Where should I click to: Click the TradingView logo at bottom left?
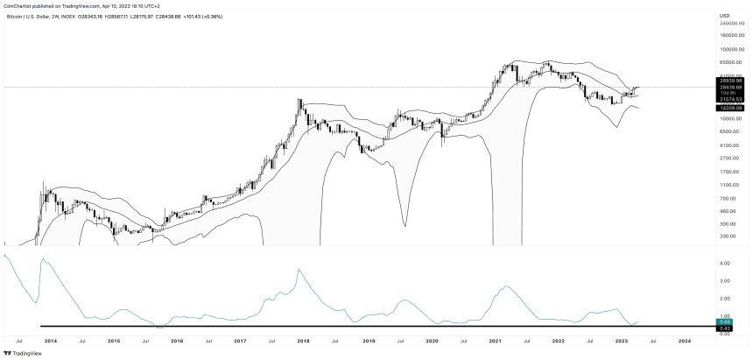tap(24, 353)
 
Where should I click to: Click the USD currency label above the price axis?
tap(724, 15)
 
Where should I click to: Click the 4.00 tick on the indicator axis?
tap(725, 263)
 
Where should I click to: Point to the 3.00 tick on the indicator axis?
tap(725, 281)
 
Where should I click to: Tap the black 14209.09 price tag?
tap(731, 108)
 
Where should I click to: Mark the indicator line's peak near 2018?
tap(299, 270)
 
